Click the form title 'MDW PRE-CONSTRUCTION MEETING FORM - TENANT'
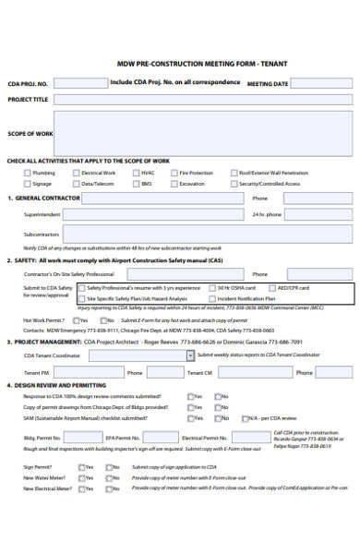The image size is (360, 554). [x=189, y=65]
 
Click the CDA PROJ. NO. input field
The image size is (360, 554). [x=78, y=83]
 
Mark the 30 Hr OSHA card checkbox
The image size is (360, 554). [x=211, y=288]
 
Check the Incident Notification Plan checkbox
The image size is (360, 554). [x=211, y=299]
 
